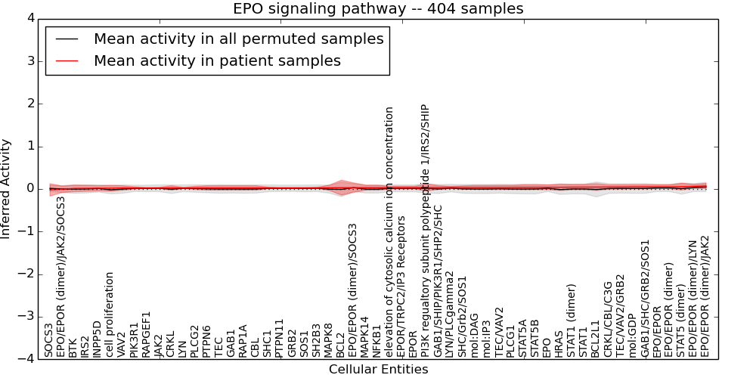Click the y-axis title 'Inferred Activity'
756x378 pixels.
(x=7, y=189)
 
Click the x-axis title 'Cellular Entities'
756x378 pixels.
(x=378, y=369)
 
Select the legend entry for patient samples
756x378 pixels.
(x=217, y=60)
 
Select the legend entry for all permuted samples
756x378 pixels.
(x=238, y=39)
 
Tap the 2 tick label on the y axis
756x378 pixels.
(x=29, y=104)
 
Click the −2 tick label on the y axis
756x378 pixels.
(x=26, y=274)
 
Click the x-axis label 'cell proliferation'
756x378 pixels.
(x=110, y=314)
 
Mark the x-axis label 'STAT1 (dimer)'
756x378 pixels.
(x=571, y=320)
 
